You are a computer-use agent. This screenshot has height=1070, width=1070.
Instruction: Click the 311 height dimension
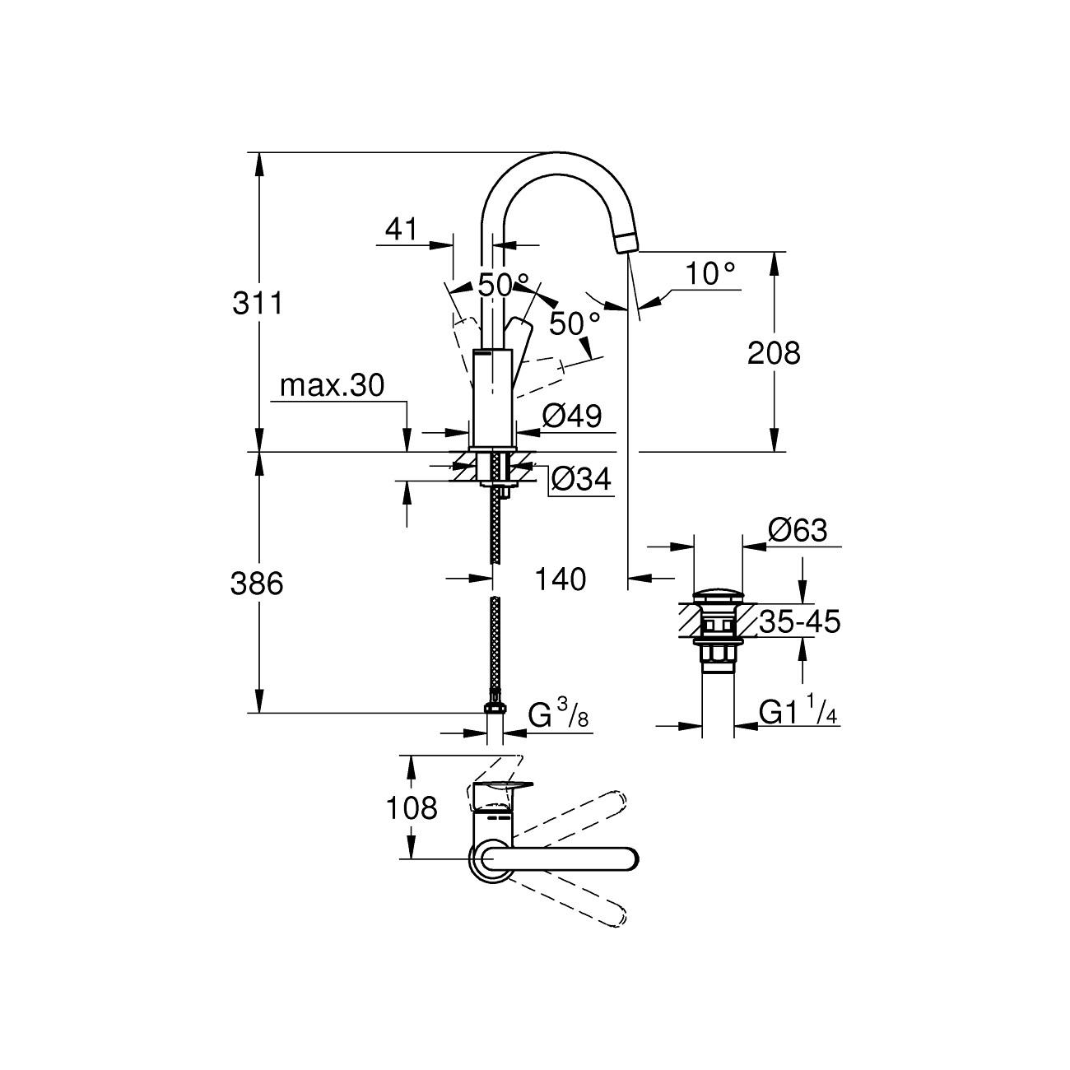[257, 304]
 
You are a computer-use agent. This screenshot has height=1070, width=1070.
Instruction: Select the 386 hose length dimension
[257, 584]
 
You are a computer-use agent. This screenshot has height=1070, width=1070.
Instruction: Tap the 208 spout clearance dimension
[773, 353]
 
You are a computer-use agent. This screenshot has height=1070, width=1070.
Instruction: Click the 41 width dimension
[402, 230]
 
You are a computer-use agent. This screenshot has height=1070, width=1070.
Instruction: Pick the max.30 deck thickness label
[332, 385]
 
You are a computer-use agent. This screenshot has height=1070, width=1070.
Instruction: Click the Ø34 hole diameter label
[581, 478]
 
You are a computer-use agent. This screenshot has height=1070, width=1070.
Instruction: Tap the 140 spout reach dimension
[561, 579]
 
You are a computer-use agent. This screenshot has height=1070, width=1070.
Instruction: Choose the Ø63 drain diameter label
[797, 530]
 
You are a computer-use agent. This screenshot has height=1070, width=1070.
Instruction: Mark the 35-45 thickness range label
[799, 622]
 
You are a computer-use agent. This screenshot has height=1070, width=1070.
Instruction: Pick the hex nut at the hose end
[494, 707]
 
